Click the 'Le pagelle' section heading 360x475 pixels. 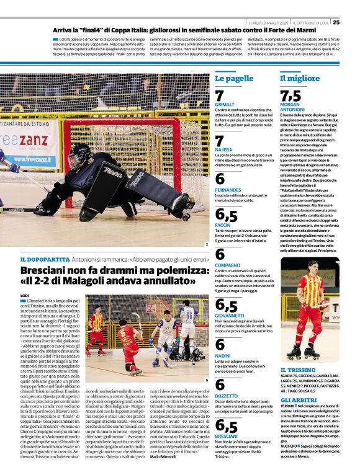coord(234,79)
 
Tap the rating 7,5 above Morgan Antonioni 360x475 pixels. coord(290,95)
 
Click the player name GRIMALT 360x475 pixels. coord(225,105)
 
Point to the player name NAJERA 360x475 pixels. coord(223,150)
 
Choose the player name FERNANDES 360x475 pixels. coord(228,189)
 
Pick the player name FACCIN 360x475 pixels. coord(222,224)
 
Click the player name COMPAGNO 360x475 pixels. coord(227,265)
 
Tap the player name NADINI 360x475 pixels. coord(222,355)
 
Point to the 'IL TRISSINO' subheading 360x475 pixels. coord(298,370)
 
